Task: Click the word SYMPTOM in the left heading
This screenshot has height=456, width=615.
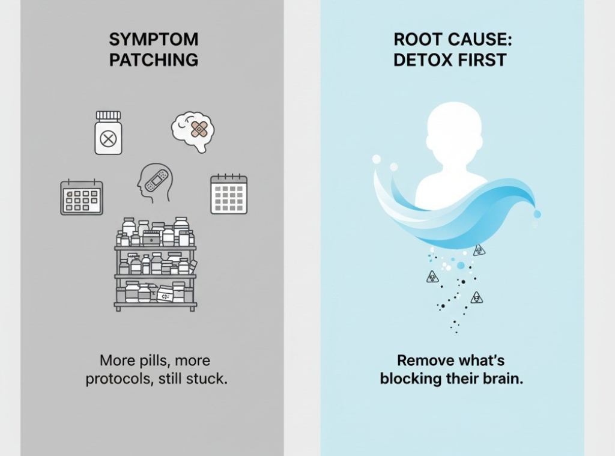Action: pos(154,39)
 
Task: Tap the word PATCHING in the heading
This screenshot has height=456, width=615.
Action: pos(154,60)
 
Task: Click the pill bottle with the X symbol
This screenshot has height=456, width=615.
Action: pos(108,133)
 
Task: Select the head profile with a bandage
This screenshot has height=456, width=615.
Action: pos(154,183)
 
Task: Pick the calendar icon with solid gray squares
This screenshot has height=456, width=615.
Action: pos(229,194)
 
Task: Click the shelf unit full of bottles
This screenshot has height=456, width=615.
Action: pos(156,264)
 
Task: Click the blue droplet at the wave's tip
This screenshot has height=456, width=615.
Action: pos(537,214)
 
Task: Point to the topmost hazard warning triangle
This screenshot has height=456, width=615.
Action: pos(479,250)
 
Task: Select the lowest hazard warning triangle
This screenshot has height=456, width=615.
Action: pos(476,297)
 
